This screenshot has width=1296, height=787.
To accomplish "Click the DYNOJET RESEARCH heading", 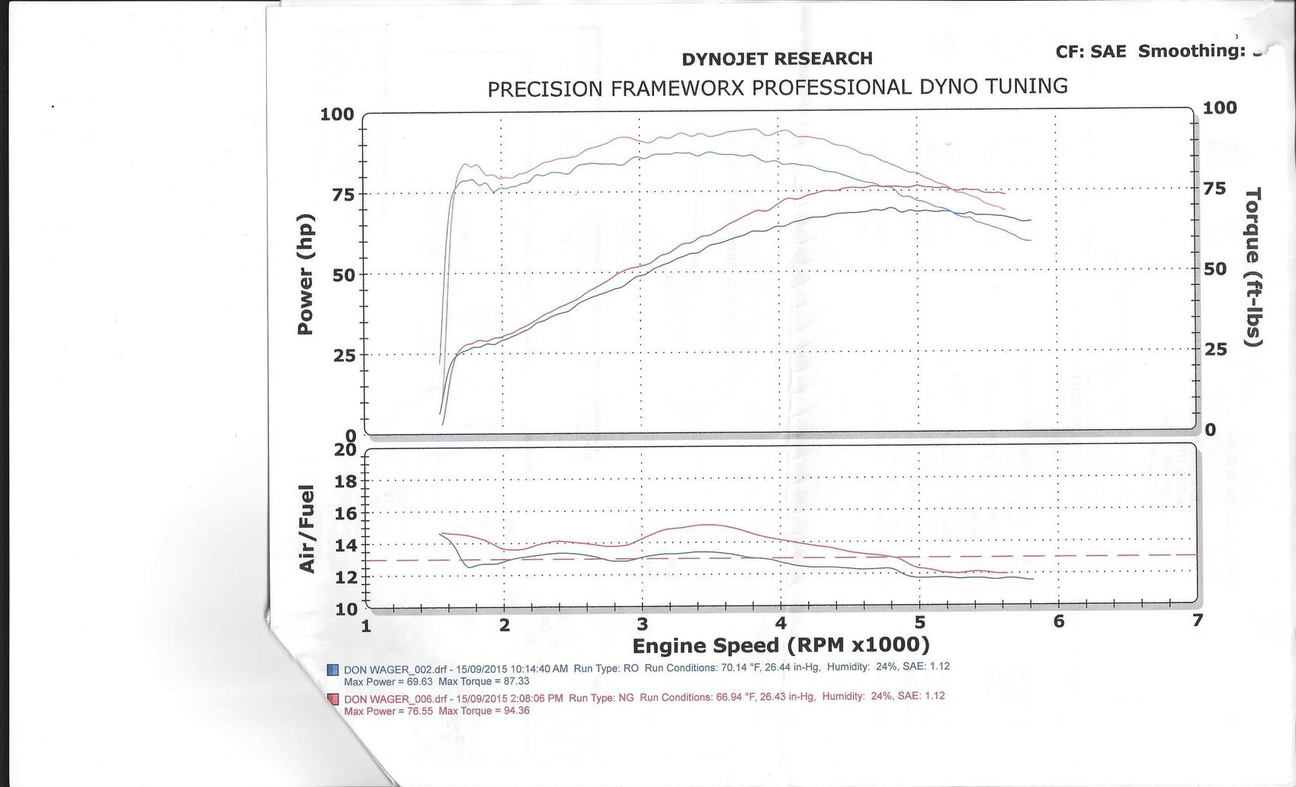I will (x=777, y=59).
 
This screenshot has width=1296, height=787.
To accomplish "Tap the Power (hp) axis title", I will (x=306, y=274).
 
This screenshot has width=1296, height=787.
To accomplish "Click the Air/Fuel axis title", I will (x=307, y=528).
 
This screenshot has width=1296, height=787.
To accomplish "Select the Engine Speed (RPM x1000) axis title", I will (x=781, y=646).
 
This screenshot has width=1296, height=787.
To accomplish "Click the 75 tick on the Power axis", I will (x=342, y=194).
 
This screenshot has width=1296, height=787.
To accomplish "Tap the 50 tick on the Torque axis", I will (x=1215, y=268).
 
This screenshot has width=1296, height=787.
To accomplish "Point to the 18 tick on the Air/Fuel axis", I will (x=345, y=481).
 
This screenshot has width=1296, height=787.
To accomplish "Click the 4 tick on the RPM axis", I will (x=781, y=623).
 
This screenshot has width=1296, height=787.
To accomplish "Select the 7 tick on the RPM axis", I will (x=1198, y=620).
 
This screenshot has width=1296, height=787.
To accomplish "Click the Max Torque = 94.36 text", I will (x=484, y=711).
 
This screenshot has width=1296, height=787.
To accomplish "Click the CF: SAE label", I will (x=1090, y=52).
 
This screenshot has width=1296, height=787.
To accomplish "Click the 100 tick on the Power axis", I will (x=337, y=114).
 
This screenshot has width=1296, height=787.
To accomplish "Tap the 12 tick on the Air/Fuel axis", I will (x=345, y=577).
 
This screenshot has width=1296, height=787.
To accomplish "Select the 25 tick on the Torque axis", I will (x=1215, y=349).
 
